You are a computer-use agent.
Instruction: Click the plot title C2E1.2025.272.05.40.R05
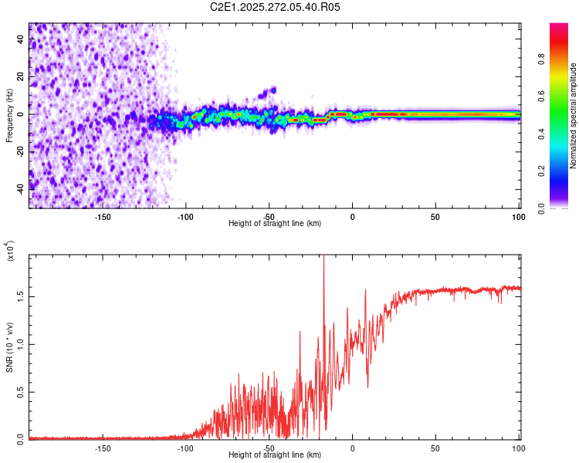pos(275,7)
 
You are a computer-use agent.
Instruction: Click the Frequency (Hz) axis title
pos(9,115)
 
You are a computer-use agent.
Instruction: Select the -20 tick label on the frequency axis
pos(22,151)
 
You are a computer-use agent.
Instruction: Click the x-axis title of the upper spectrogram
pos(275,223)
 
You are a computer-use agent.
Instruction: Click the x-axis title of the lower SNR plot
pos(275,455)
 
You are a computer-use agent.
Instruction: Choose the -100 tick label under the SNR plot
pos(186,448)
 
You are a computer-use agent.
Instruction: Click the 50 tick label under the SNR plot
pos(435,448)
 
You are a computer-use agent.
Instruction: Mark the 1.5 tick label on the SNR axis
pos(22,296)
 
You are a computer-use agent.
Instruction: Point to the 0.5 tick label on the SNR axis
pos(22,392)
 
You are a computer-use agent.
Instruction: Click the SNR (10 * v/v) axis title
pos(9,347)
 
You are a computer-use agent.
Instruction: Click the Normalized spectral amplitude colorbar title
pos(573,115)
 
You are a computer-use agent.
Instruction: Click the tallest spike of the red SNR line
pos(323,259)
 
